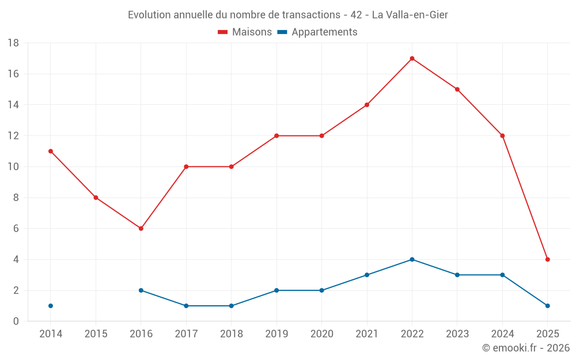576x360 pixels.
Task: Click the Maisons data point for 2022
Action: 412,58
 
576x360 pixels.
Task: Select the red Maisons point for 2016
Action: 141,229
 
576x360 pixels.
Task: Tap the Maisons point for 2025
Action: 547,259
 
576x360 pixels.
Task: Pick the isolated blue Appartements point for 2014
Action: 51,306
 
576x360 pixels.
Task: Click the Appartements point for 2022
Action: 412,259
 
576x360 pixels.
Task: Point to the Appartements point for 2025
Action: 547,306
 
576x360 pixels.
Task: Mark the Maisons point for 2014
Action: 51,151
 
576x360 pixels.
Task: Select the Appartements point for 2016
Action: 141,290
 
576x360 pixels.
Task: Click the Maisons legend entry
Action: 245,32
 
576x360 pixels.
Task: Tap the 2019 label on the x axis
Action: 276,334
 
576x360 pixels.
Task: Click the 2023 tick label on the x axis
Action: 457,334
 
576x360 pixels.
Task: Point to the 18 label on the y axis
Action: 13,43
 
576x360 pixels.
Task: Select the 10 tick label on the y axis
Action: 13,167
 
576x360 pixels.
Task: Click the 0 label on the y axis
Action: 16,321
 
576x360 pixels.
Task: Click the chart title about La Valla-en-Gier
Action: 288,15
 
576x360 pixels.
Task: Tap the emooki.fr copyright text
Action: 525,348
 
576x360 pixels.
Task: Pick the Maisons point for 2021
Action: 367,105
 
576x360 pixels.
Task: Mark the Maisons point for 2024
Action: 502,136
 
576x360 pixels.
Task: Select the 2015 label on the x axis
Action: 96,334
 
